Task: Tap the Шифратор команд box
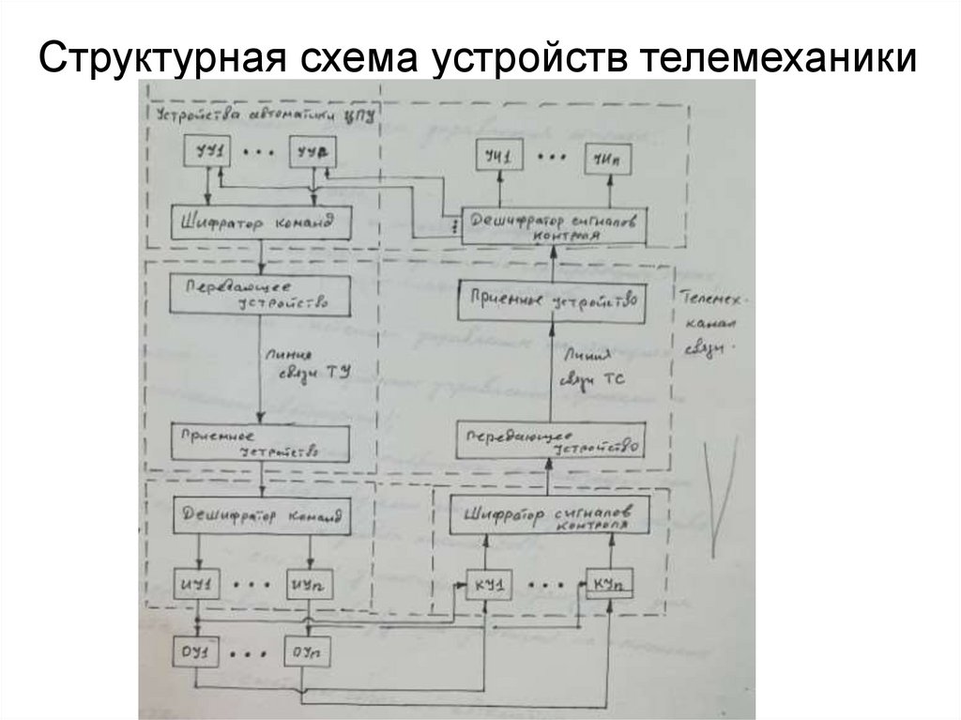click(253, 223)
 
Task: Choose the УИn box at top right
click(607, 157)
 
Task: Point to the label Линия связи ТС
click(590, 368)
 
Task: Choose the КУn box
click(607, 585)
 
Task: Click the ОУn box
click(305, 651)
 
